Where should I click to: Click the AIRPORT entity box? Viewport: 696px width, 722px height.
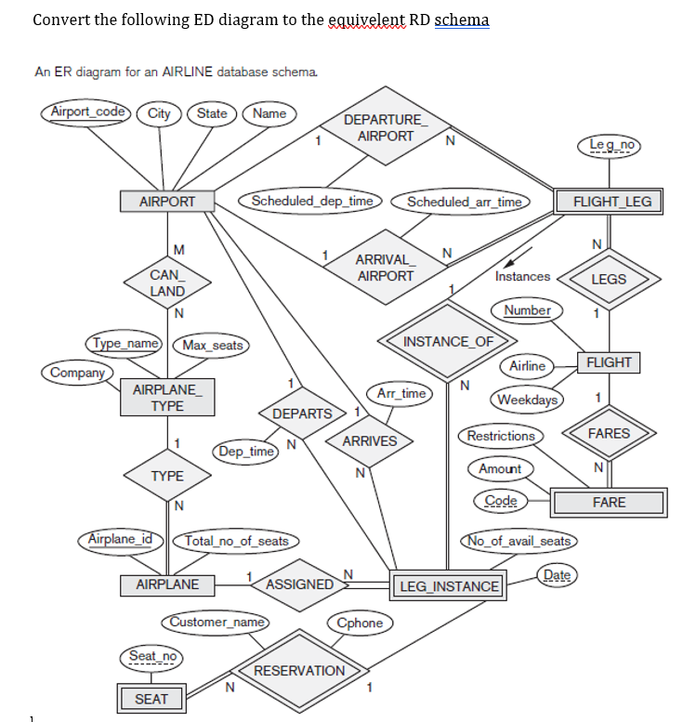(x=167, y=201)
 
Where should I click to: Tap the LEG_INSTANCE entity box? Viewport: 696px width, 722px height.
(x=449, y=586)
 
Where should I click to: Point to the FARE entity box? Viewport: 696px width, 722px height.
(x=609, y=503)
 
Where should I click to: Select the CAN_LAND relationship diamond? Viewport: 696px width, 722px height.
(x=167, y=282)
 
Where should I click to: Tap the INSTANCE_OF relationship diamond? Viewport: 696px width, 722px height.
(x=449, y=341)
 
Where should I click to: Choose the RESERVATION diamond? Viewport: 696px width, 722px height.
(x=299, y=670)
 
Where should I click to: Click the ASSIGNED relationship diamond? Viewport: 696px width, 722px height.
(x=299, y=584)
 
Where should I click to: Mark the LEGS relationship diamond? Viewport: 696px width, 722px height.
(x=609, y=279)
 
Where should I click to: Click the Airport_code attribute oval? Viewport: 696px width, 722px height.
(x=88, y=112)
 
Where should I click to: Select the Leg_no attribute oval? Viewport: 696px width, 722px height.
(x=609, y=145)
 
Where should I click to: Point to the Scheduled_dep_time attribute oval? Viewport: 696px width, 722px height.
(x=312, y=201)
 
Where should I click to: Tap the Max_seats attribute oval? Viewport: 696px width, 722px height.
(x=212, y=346)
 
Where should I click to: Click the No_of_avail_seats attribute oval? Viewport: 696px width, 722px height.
(x=519, y=541)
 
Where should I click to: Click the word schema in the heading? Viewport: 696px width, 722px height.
(x=462, y=20)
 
